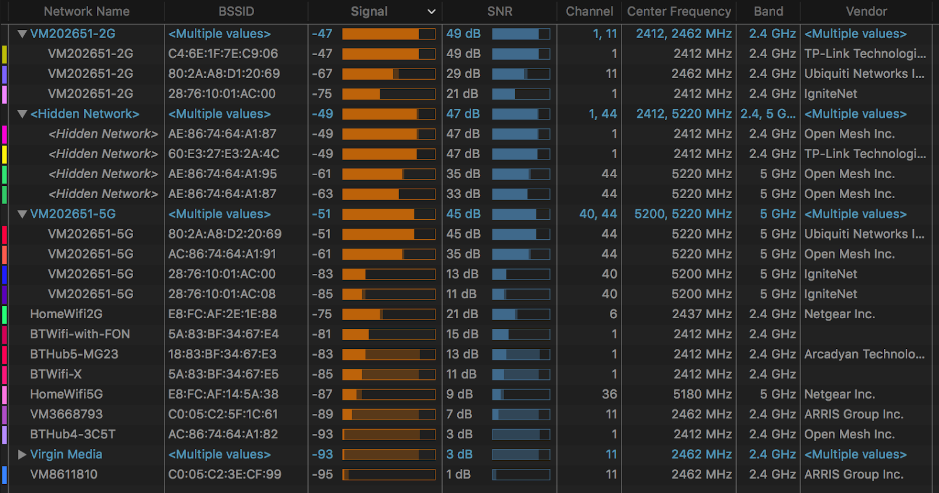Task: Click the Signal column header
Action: pos(369,11)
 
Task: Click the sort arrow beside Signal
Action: pos(431,12)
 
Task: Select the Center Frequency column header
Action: pos(678,11)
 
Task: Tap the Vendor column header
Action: pos(866,11)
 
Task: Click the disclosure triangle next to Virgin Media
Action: pos(22,454)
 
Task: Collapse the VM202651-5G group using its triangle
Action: pos(22,214)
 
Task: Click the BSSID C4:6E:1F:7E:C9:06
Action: pos(223,54)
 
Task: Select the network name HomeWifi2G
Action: pos(66,314)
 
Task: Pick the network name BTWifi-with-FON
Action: pos(80,334)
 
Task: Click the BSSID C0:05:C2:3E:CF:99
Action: pos(225,474)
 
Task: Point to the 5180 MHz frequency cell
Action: pos(702,395)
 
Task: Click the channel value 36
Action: pos(609,395)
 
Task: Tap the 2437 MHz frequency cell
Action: pos(702,314)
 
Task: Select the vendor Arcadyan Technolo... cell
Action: pos(864,354)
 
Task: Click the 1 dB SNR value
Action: pos(458,474)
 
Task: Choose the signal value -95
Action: pos(322,474)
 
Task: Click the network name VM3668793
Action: pos(66,414)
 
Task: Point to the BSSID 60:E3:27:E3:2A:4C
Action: pos(224,154)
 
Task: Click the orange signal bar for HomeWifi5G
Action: pos(389,395)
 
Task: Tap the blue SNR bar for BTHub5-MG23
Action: pos(521,355)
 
